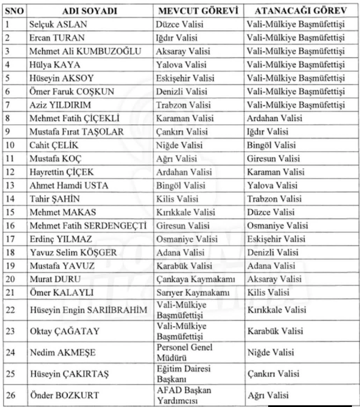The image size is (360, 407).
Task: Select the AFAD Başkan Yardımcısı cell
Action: click(184, 395)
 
